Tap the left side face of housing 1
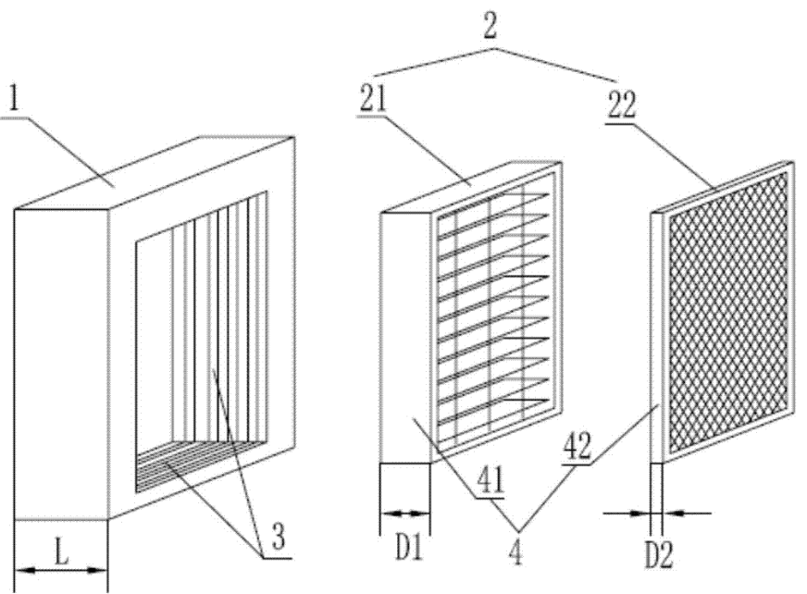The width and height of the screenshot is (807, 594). click(61, 361)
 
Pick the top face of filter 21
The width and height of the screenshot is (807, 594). click(472, 188)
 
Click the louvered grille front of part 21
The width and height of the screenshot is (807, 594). click(495, 305)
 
